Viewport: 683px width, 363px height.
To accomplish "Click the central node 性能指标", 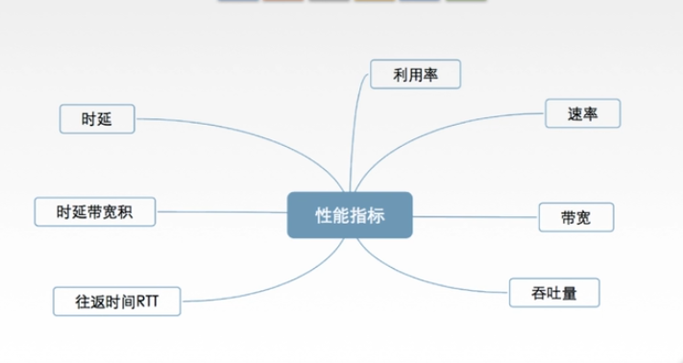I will pos(350,215).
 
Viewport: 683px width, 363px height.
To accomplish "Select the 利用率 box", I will pos(416,74).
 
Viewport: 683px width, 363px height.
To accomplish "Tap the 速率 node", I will pos(583,112).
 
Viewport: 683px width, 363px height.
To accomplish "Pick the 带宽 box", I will pos(575,216).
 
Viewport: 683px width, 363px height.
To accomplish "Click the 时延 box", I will pos(96,119).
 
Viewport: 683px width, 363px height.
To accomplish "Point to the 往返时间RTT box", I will pos(115,301).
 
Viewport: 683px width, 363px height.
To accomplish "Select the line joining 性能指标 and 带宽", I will pos(476,215).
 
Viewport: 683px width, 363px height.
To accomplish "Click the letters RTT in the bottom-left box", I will pos(148,301).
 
